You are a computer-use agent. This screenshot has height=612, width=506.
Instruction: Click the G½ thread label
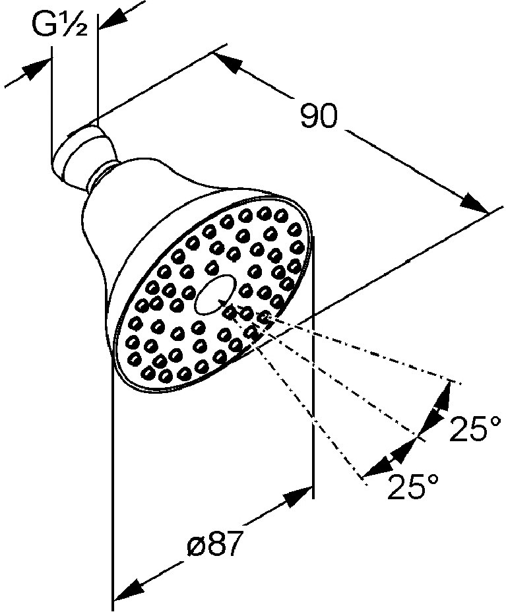pos(59,25)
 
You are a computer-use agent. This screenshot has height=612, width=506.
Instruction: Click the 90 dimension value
pos(319,115)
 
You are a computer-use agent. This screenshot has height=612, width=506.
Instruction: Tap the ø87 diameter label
pos(213,543)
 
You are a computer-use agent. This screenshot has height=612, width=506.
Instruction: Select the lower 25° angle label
pos(413,486)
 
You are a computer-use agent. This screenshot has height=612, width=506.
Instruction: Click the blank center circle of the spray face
pos(214,294)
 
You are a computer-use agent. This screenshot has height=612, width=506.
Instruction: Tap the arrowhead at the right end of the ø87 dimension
pos(299,495)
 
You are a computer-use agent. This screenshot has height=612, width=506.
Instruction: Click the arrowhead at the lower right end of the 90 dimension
pos(474,202)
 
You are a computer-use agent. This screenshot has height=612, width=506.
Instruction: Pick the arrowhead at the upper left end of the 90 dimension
pos(228,63)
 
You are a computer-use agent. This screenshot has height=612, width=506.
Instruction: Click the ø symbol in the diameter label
pos(195,545)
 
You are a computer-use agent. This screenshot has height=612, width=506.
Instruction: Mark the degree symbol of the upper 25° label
pos(495,421)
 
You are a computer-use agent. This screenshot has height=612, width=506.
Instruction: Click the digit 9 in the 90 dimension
pos(309,115)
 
